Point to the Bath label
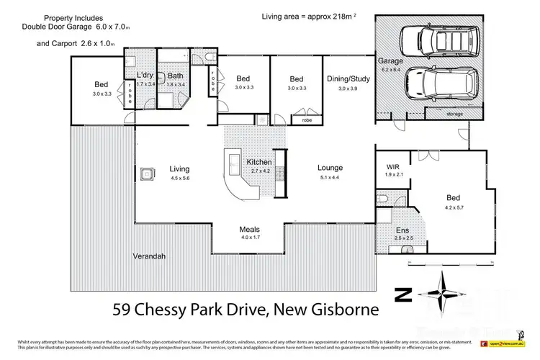coord(176,76)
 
